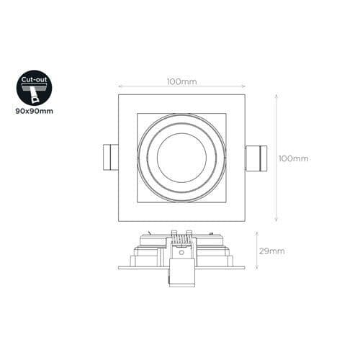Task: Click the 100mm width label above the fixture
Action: click(181, 82)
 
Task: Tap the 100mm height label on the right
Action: click(293, 158)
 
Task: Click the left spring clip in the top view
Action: click(109, 158)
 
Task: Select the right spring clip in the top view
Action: click(255, 158)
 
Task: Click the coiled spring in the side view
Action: click(181, 237)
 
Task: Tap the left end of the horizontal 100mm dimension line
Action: click(119, 86)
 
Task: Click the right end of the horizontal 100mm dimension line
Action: click(245, 86)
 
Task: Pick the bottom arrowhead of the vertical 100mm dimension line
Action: click(276, 220)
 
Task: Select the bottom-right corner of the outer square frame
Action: click(245, 221)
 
